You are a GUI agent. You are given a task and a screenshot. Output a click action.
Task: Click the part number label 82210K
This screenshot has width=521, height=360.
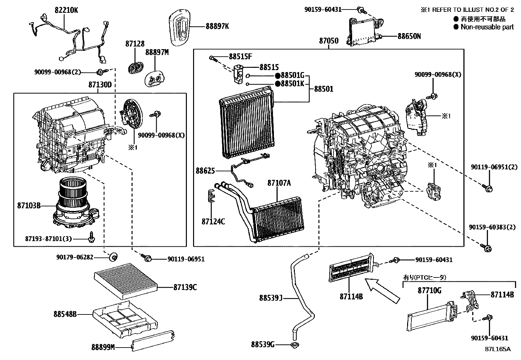pyautogui.click(x=66, y=10)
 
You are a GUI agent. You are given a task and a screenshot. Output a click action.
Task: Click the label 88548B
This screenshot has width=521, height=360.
pyautogui.click(x=65, y=314)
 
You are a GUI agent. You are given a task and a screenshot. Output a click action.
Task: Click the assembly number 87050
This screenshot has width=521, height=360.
pyautogui.click(x=329, y=41)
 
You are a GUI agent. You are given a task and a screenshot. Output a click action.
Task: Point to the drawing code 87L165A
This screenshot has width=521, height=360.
pyautogui.click(x=497, y=349)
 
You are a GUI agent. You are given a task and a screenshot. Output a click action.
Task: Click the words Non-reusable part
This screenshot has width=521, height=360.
pyautogui.click(x=487, y=27)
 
